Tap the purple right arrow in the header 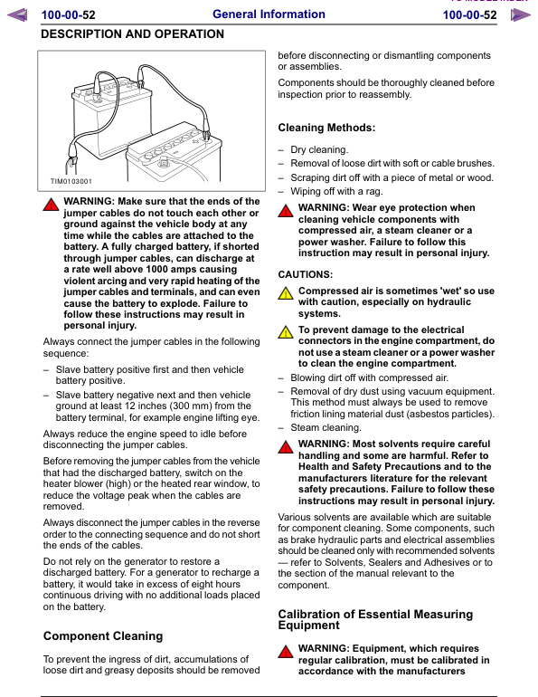520,15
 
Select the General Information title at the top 269,14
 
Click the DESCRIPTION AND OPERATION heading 133,34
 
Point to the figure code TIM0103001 71,181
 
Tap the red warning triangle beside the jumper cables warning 52,205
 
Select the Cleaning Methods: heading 326,128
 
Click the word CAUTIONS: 305,273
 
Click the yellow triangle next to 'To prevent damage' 286,333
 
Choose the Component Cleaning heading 103,636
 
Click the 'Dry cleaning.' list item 319,150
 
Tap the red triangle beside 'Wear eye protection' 286,211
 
